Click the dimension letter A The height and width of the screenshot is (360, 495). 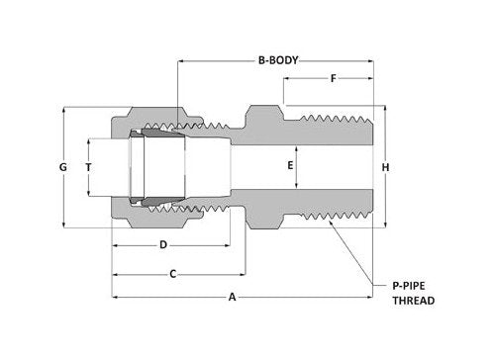point(233,295)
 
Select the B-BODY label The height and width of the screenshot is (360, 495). point(278,60)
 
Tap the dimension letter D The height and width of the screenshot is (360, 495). point(162,243)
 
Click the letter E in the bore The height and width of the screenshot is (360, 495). point(290,166)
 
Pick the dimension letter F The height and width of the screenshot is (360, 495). point(333,78)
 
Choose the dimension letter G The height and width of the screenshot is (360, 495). point(62,167)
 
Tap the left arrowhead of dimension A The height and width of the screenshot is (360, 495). point(115,295)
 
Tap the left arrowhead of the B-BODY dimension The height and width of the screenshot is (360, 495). point(179,60)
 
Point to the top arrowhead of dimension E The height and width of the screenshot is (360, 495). point(290,144)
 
